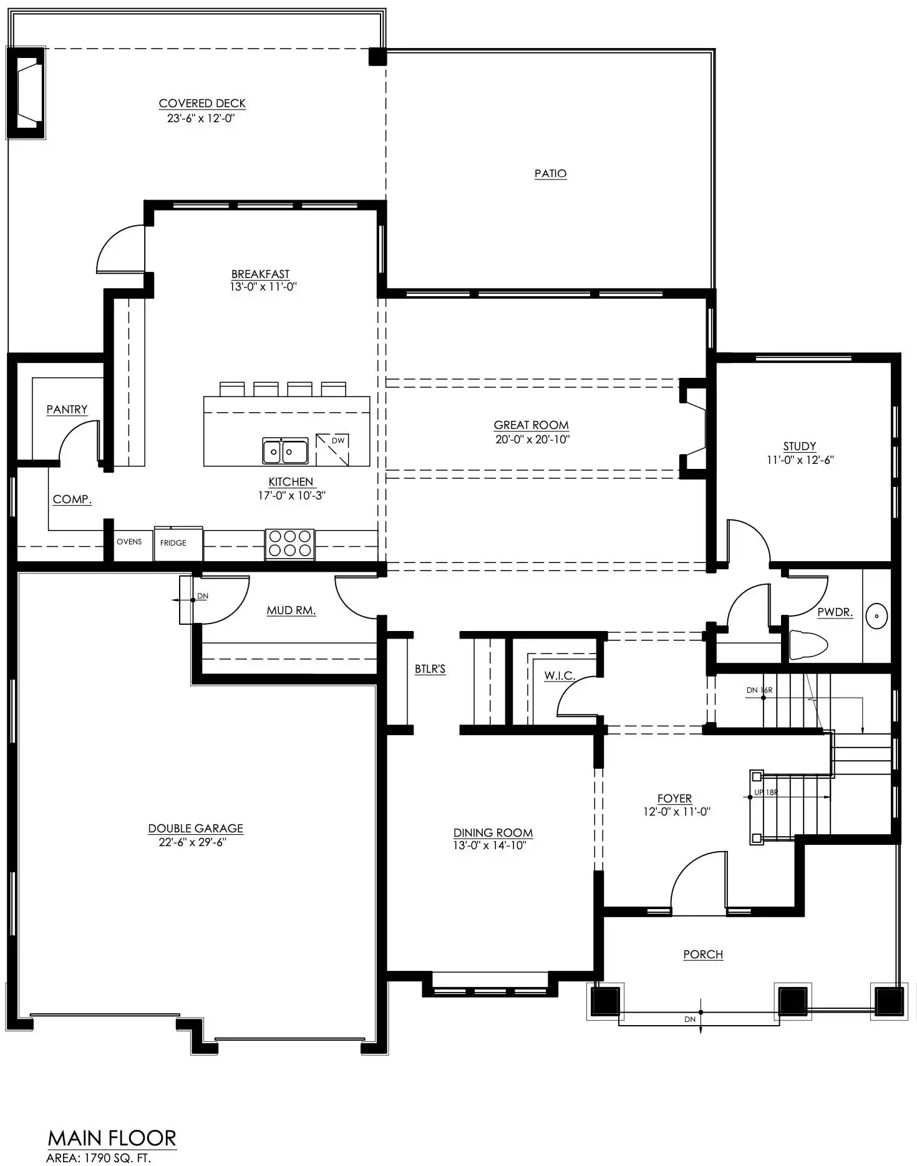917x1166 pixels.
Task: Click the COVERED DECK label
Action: pos(202,104)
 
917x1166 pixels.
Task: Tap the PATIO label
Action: pos(550,173)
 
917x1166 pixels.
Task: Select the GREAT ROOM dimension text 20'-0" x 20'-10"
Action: pos(533,439)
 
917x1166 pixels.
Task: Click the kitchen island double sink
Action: pos(285,451)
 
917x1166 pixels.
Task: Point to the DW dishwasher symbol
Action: pos(332,450)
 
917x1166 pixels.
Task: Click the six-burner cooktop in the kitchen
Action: pos(290,544)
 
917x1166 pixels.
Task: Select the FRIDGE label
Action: pos(173,543)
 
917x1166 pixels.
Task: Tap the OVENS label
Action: pos(129,541)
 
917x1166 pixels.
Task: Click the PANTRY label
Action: pos(67,409)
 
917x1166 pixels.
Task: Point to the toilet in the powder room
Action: pos(808,645)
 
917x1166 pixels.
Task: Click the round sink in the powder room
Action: pos(877,616)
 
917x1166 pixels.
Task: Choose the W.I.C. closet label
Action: pos(560,676)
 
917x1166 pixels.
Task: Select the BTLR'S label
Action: pos(430,669)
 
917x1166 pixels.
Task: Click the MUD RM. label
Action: pos(291,610)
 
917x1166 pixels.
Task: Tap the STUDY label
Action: pos(800,446)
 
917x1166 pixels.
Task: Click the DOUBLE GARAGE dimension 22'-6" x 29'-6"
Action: pos(192,842)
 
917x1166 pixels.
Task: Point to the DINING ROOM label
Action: pos(493,832)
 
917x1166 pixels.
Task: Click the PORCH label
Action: pos(703,954)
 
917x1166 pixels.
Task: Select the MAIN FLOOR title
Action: pos(112,1139)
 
